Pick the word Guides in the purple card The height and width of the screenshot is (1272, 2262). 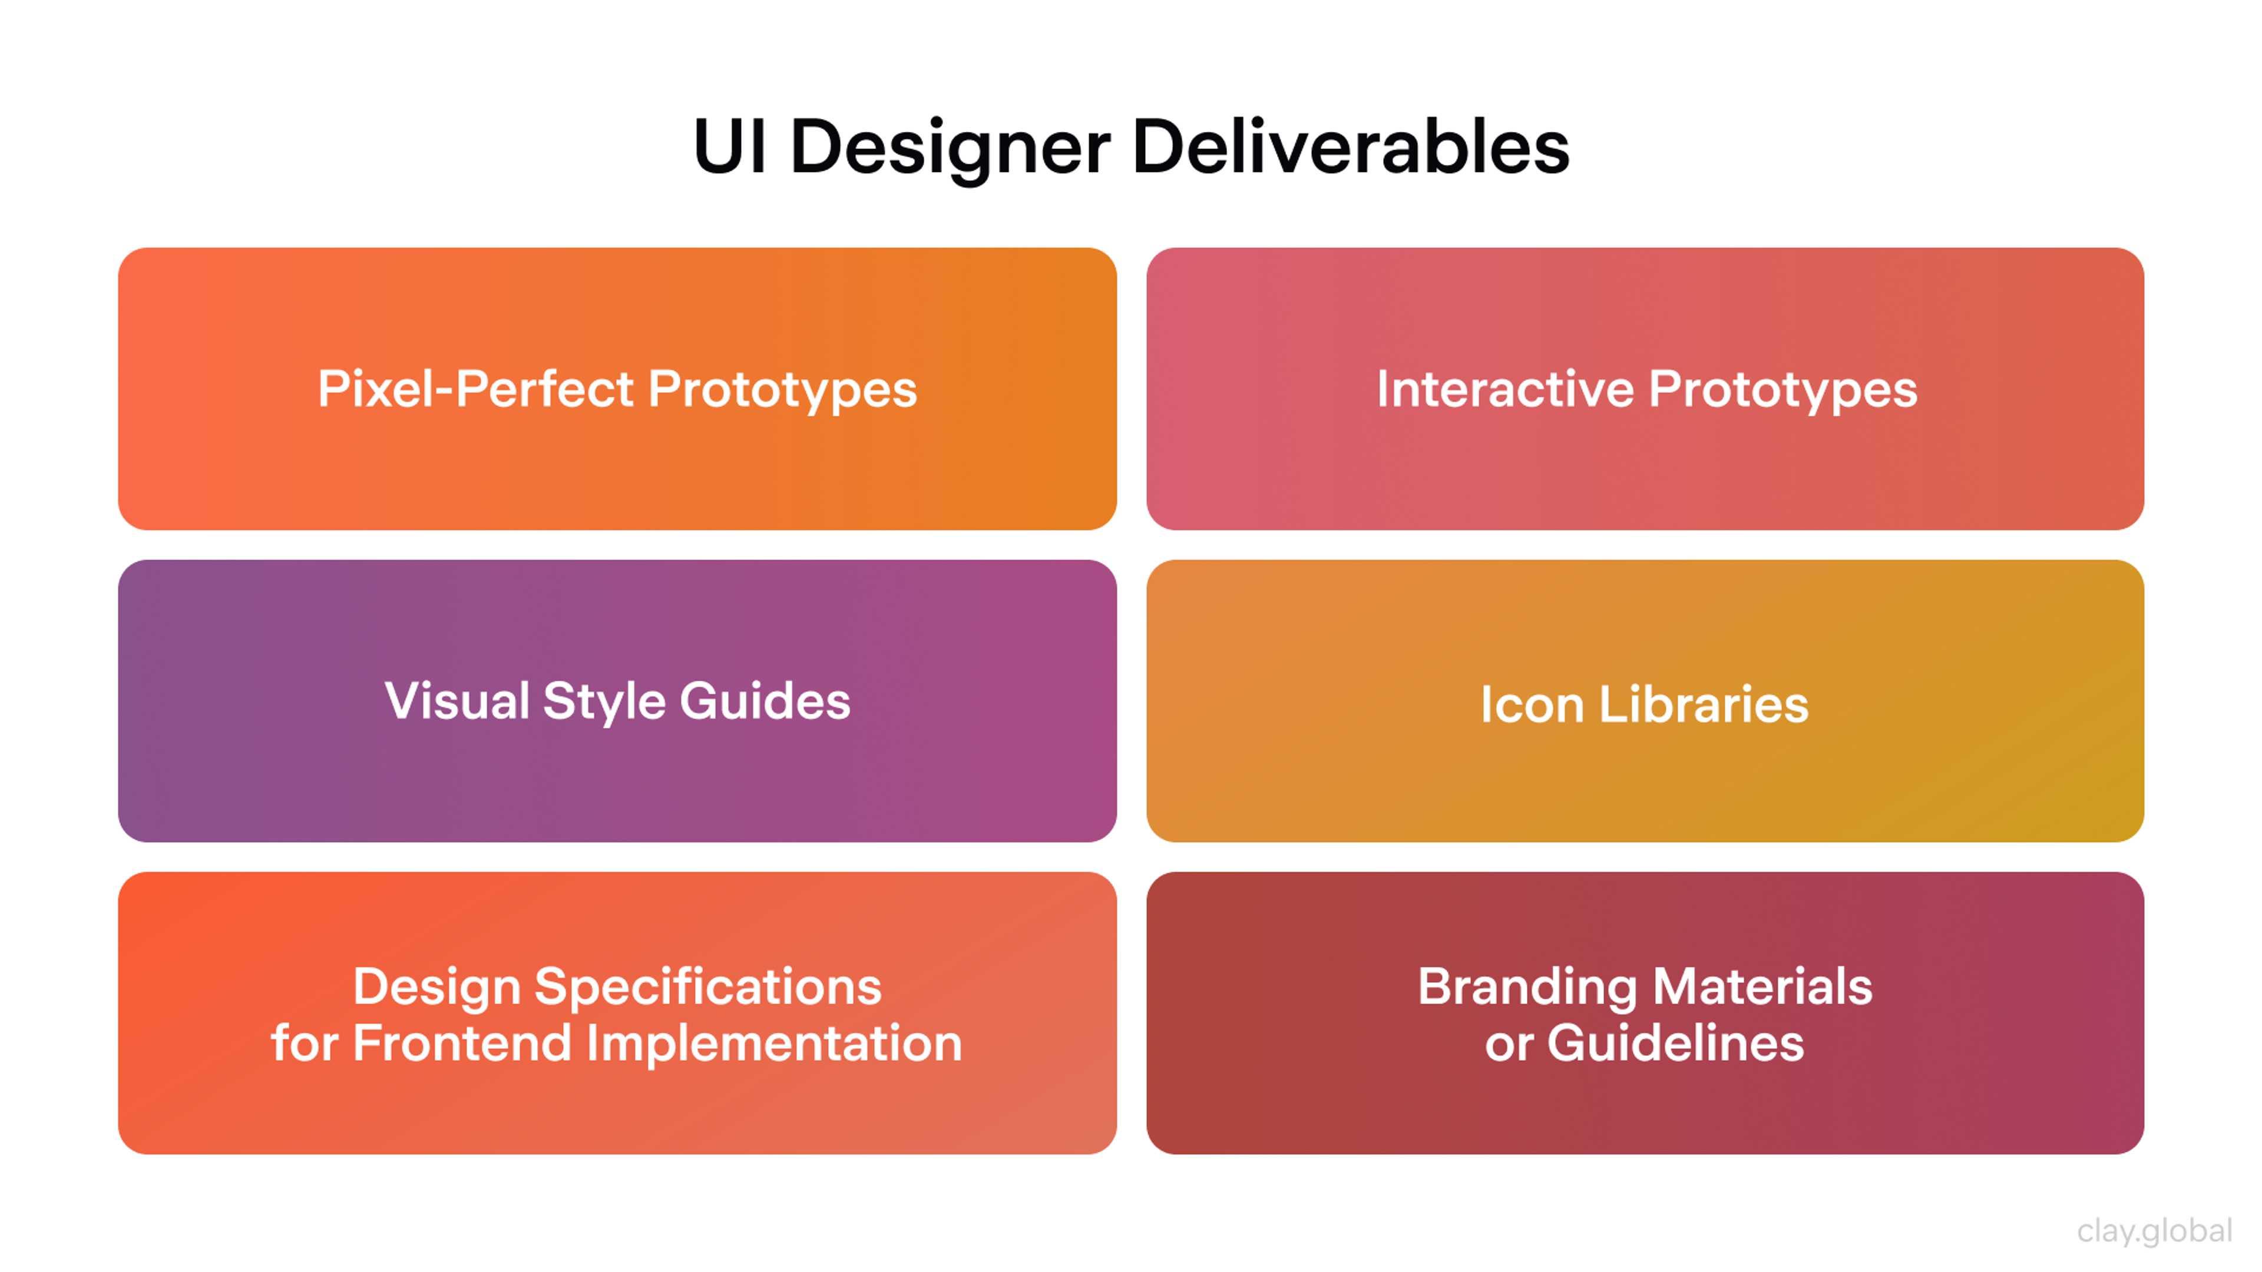pyautogui.click(x=765, y=701)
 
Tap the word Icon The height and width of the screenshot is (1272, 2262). pyautogui.click(x=1532, y=704)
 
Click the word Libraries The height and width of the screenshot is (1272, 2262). pyautogui.click(x=1704, y=704)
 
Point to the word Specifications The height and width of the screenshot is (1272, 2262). pyautogui.click(x=707, y=987)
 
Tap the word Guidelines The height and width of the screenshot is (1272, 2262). pyautogui.click(x=1675, y=1043)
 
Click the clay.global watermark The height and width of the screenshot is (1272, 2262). pyautogui.click(x=2154, y=1231)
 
